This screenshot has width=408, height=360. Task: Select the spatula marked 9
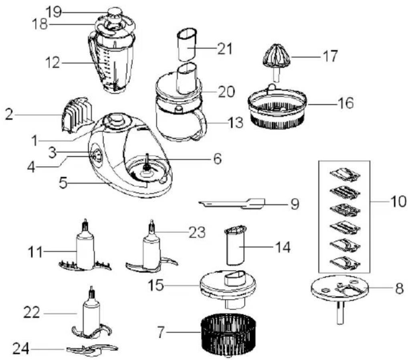(232, 204)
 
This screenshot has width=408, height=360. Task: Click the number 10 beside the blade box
(398, 202)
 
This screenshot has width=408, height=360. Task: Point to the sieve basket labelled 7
(228, 334)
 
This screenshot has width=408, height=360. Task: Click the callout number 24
(21, 349)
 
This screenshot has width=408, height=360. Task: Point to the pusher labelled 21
(187, 44)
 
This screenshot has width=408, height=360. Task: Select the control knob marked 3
(96, 156)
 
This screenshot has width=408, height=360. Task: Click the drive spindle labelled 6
(147, 163)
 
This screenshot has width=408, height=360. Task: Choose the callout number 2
(9, 115)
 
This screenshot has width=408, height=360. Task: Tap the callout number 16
(345, 103)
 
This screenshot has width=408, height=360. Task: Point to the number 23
(197, 232)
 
